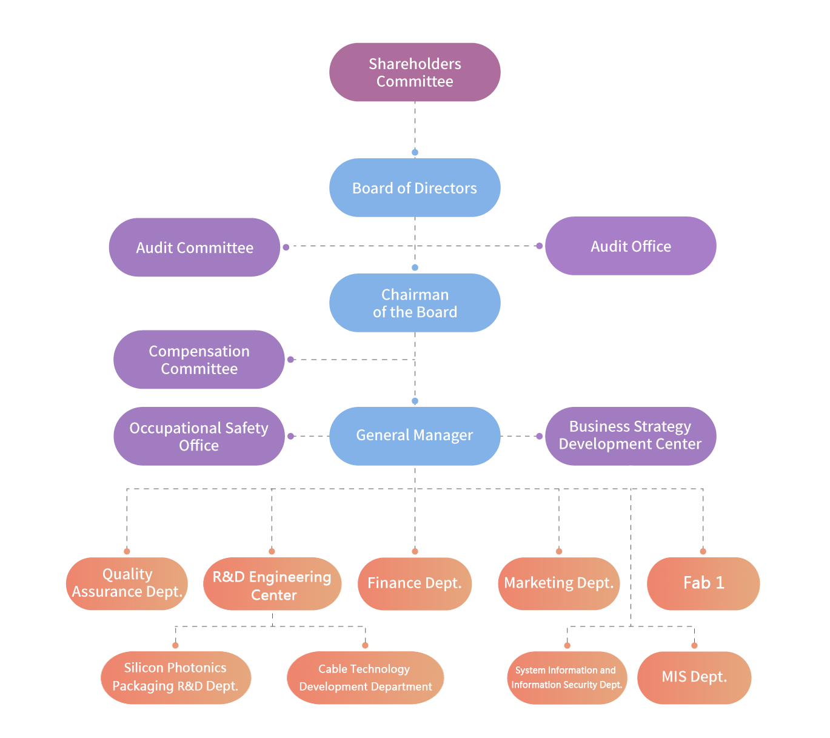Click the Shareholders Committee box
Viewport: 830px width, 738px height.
pos(415,72)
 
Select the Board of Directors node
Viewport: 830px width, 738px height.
pos(415,188)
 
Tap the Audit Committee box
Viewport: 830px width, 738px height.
pos(194,247)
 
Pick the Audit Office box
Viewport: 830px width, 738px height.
pos(631,246)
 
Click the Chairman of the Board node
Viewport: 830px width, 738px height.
pos(415,303)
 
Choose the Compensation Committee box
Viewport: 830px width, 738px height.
pos(199,360)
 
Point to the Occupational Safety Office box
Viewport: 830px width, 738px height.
pos(199,437)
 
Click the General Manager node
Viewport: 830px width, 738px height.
pos(415,435)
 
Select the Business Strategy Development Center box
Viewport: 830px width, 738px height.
pos(631,435)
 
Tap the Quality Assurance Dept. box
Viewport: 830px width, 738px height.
pos(127,583)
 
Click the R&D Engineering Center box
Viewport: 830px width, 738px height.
pos(272,585)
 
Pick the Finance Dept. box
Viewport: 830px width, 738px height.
pos(415,583)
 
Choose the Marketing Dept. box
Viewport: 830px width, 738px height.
pos(559,583)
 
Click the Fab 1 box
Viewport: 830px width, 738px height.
pos(703,583)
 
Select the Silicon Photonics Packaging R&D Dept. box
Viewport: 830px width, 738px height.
pos(175,677)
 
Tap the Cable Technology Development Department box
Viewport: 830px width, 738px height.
pos(365,678)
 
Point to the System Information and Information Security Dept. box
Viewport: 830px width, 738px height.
pos(567,678)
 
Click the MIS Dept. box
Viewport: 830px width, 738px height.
pos(694,677)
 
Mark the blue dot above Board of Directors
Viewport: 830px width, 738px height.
pos(415,153)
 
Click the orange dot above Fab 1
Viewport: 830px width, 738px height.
pos(703,551)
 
